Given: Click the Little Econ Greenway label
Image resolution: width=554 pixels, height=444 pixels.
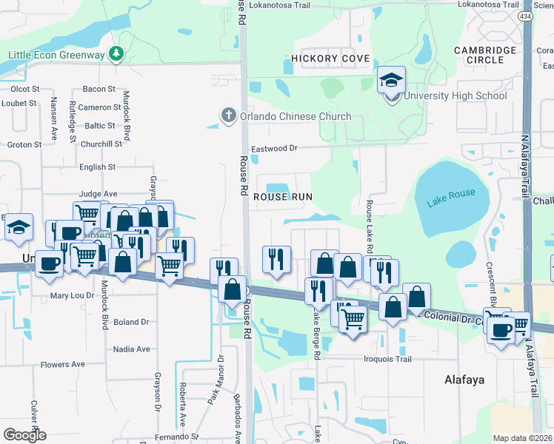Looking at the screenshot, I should coord(56,54).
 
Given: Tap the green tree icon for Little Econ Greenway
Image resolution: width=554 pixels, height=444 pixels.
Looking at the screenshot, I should coord(116,53).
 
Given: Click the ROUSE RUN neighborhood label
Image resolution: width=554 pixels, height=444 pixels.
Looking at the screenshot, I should coord(283,197).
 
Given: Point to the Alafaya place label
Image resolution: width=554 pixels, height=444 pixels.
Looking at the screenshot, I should coord(464,380).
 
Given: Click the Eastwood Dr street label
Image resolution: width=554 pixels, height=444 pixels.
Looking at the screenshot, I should coord(274,149).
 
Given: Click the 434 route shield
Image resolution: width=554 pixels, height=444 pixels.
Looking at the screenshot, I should coord(524,17).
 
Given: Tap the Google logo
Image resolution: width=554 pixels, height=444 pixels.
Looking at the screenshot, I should coord(24,435).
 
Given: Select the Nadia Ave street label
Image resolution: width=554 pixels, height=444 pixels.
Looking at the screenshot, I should coord(131,349).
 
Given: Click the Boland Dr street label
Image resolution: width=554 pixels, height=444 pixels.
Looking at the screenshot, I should coord(131,322).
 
